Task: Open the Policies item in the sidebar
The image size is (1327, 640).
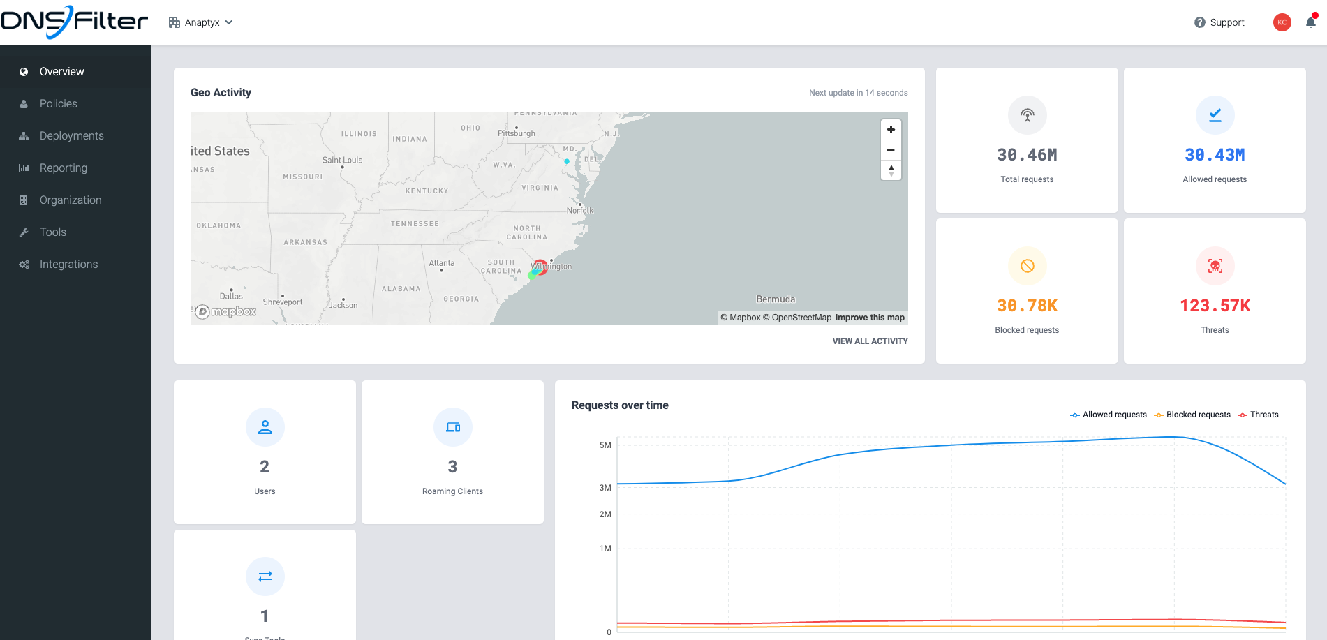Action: pyautogui.click(x=58, y=103)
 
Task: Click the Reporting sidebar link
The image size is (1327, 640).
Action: pyautogui.click(x=63, y=168)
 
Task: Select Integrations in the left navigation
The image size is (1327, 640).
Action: pyautogui.click(x=68, y=264)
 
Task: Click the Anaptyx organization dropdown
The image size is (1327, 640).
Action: pyautogui.click(x=201, y=22)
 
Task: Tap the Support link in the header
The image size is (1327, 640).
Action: pyautogui.click(x=1219, y=22)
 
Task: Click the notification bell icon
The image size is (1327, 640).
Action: pyautogui.click(x=1310, y=22)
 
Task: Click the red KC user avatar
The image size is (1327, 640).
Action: pyautogui.click(x=1282, y=22)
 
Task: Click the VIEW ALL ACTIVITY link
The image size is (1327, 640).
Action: pyautogui.click(x=870, y=341)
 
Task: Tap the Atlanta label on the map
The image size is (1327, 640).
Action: pyautogui.click(x=441, y=263)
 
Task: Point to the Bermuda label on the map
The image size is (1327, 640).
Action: pyautogui.click(x=776, y=299)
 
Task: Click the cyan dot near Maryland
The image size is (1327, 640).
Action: pyautogui.click(x=567, y=161)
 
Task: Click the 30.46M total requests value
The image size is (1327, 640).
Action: pyautogui.click(x=1027, y=155)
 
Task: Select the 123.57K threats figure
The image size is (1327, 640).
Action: pyautogui.click(x=1215, y=306)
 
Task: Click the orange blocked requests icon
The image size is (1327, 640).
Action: pyautogui.click(x=1027, y=266)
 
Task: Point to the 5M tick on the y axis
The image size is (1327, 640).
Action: pyautogui.click(x=605, y=445)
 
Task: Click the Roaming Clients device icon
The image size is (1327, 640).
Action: pyautogui.click(x=452, y=427)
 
